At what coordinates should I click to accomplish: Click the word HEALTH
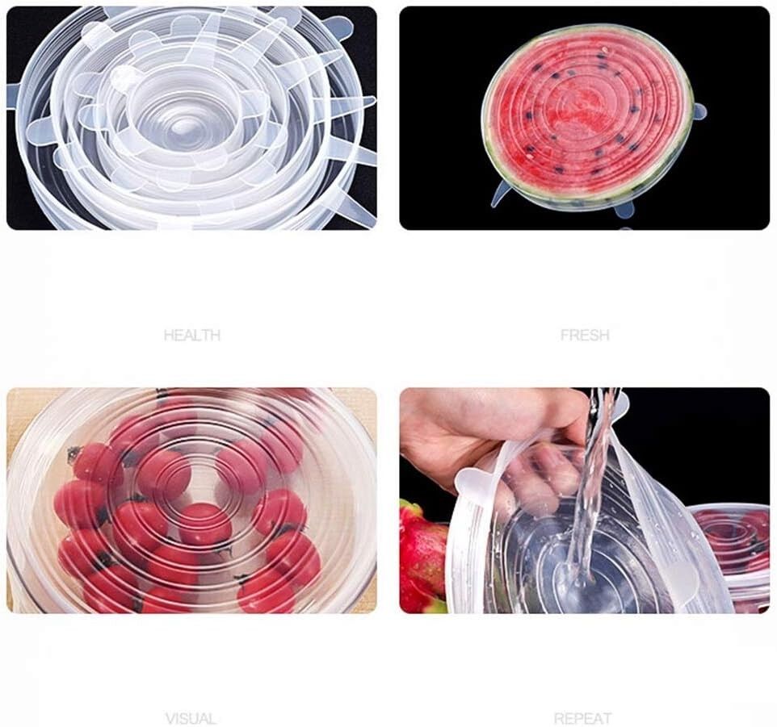[x=191, y=336]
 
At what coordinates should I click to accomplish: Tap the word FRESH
[x=585, y=336]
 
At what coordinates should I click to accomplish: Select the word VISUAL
[x=191, y=718]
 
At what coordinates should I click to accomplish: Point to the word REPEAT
[x=583, y=718]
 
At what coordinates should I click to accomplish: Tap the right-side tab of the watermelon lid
[x=699, y=112]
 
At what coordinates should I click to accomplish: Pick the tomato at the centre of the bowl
[x=204, y=524]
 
